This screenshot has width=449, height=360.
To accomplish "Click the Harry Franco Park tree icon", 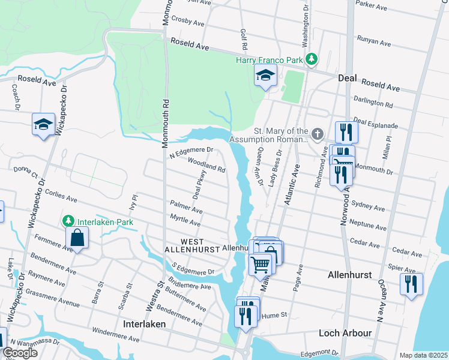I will click(311, 59).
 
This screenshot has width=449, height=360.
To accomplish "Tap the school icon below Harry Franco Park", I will click(265, 76).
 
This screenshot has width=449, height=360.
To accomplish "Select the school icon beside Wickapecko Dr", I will click(43, 124).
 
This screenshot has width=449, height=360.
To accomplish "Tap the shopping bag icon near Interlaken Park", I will click(78, 238).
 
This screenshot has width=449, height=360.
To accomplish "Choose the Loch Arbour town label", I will click(348, 332).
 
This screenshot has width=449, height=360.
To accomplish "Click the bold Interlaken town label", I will click(144, 323).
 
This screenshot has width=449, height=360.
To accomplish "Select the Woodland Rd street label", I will click(206, 165).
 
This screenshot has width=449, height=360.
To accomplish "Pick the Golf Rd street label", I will click(244, 38).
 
